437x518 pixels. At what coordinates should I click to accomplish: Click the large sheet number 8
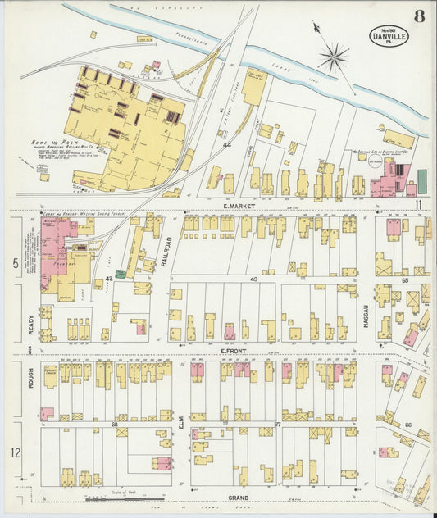(419, 15)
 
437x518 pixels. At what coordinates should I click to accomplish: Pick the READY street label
(30, 327)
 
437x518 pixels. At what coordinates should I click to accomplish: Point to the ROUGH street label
(30, 376)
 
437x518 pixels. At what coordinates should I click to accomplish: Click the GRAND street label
(239, 498)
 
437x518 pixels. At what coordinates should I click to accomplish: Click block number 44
(225, 144)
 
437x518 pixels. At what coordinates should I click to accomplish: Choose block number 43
(254, 279)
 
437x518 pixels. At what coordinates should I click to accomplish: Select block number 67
(278, 424)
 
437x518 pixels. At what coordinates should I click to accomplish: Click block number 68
(114, 424)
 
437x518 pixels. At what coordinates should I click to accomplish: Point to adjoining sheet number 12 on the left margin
(16, 452)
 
